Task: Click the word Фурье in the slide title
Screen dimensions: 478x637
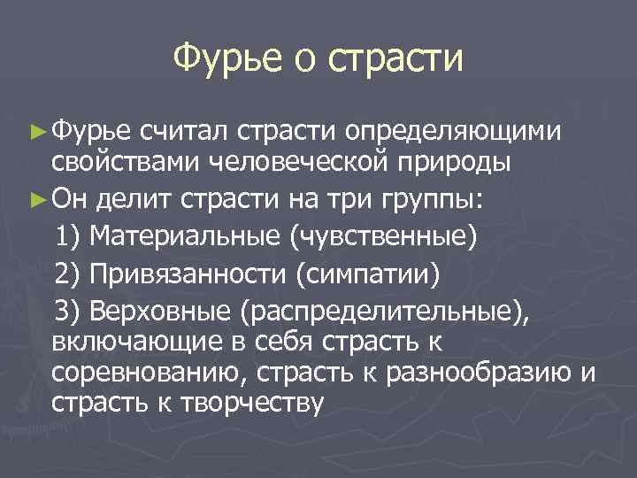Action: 226,60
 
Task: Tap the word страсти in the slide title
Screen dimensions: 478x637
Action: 395,60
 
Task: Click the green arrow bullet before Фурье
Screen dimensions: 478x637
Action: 36,131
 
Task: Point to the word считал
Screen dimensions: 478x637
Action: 186,131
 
